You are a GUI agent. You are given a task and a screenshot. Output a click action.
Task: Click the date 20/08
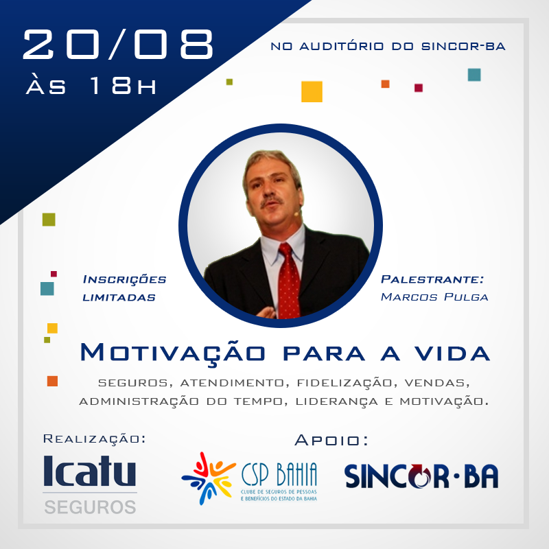coord(118,44)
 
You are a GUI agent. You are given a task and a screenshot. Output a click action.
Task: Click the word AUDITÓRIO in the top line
coord(341,46)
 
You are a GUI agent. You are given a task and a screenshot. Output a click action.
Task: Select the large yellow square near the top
coord(312,92)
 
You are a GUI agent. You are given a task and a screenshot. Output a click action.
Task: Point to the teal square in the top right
coord(474,75)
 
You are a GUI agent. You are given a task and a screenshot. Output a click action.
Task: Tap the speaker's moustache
coord(272,201)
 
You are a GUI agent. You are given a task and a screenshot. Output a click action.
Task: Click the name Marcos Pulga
coord(434,297)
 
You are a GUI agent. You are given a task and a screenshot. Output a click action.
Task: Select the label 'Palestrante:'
coord(432,279)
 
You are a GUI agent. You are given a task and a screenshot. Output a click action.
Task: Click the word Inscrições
coord(124,279)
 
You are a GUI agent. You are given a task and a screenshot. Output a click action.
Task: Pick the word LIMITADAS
coord(119,297)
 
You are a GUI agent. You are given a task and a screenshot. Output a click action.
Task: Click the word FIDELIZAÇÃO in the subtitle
coord(344,382)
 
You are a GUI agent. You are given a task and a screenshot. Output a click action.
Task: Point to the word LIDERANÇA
coord(336,401)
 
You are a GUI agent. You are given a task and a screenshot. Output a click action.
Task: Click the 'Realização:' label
coord(94,439)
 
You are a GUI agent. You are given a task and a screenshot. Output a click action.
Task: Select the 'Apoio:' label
coord(331,440)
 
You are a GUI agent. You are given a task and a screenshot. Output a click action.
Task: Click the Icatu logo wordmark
coord(90,471)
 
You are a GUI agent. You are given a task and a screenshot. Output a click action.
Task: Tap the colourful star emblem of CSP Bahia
coord(209,478)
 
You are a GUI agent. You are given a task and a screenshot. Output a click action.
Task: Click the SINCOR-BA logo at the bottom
coord(421,476)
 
